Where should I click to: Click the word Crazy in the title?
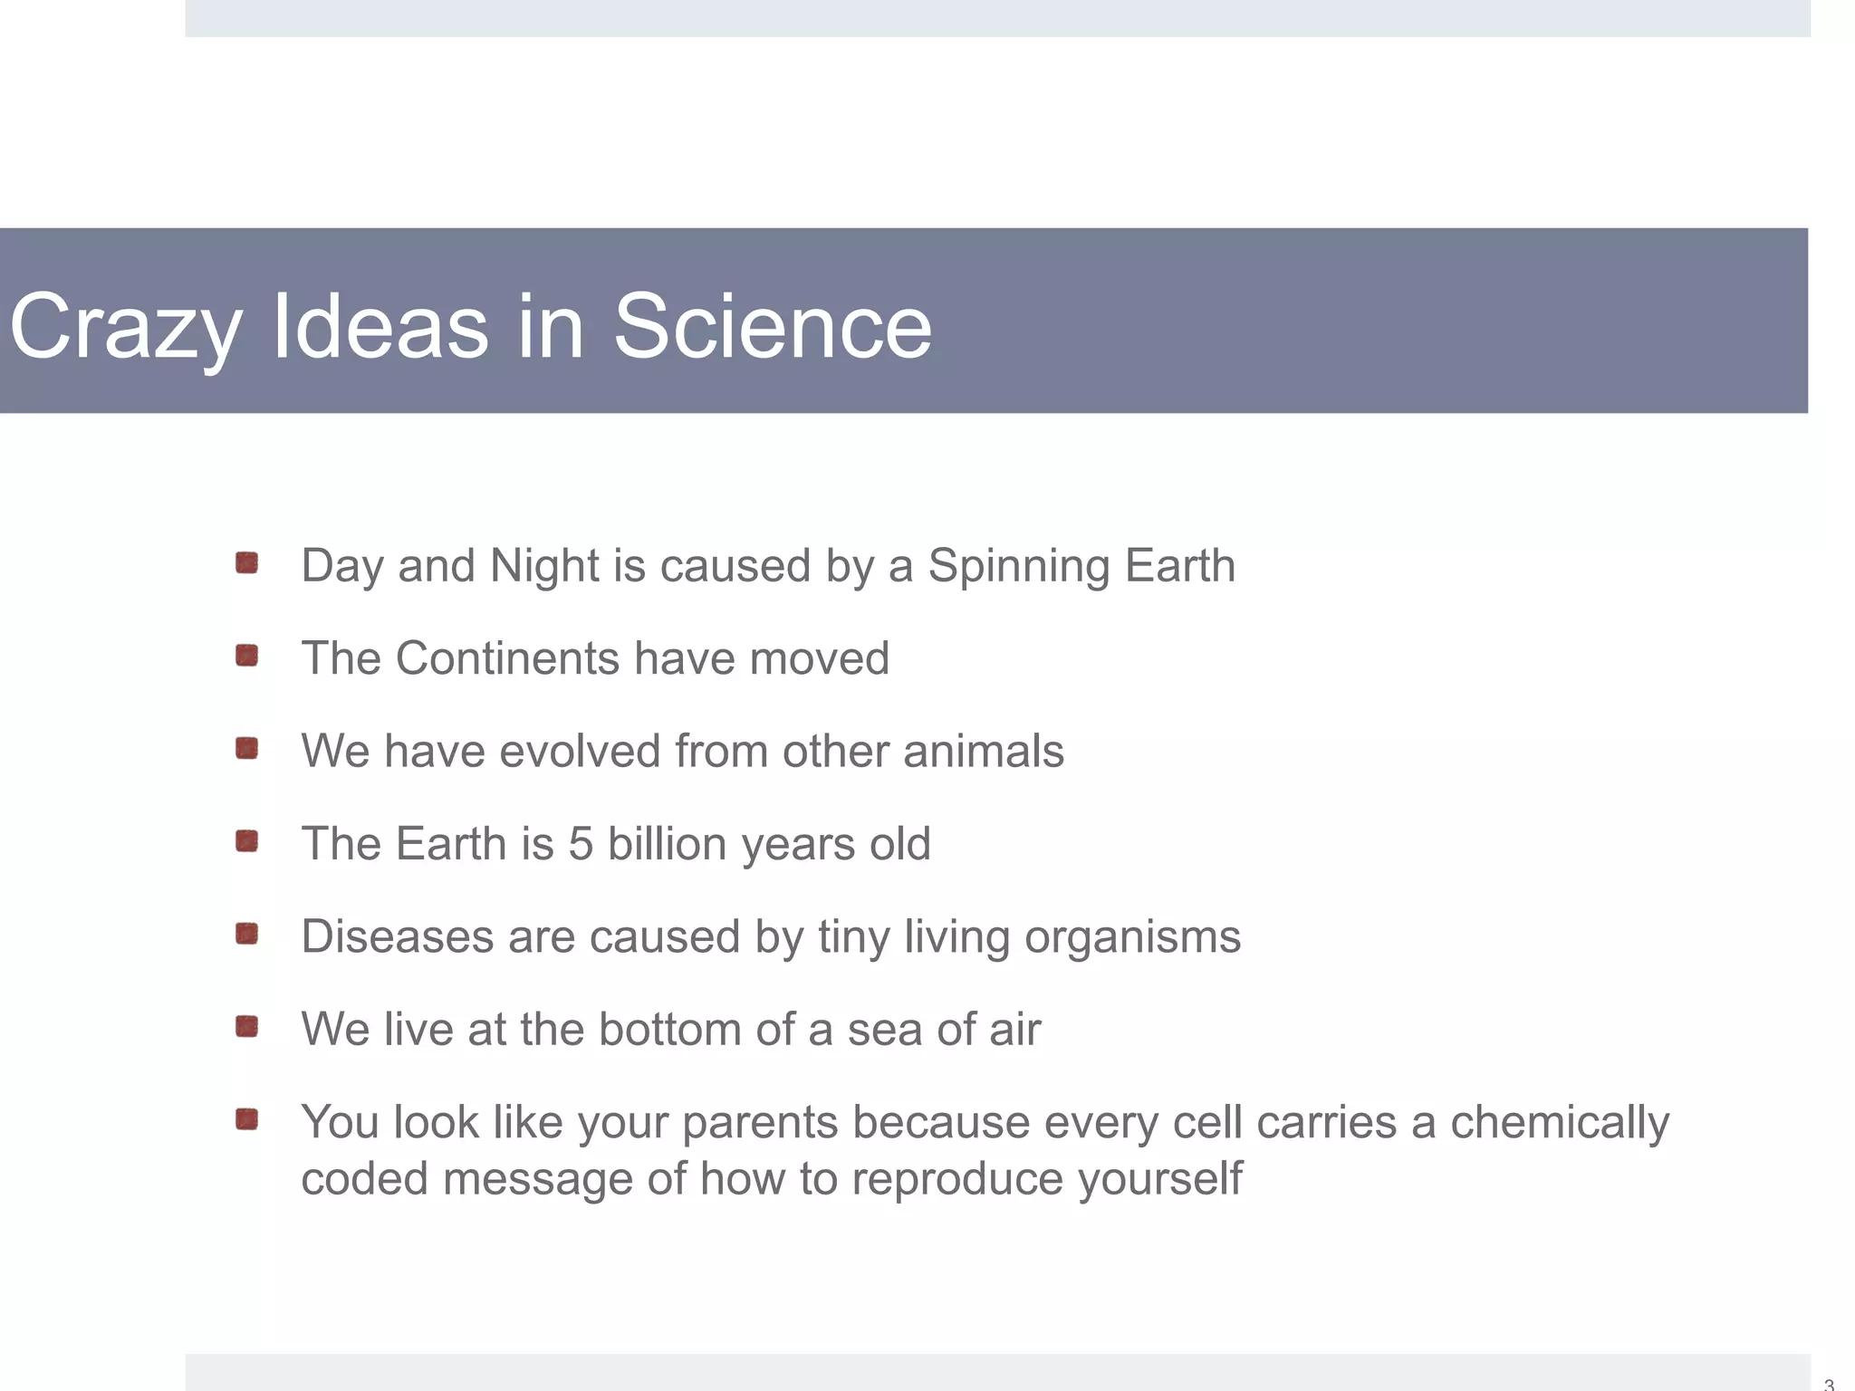coord(125,328)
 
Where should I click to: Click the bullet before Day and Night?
coord(246,563)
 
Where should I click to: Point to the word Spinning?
coord(1018,567)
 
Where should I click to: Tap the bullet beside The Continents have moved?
coord(246,655)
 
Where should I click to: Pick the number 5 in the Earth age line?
coord(581,844)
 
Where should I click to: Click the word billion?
coord(667,844)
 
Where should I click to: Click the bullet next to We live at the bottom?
coord(246,1026)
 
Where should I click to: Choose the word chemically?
coord(1559,1124)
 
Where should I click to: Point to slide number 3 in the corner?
coord(1829,1384)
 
